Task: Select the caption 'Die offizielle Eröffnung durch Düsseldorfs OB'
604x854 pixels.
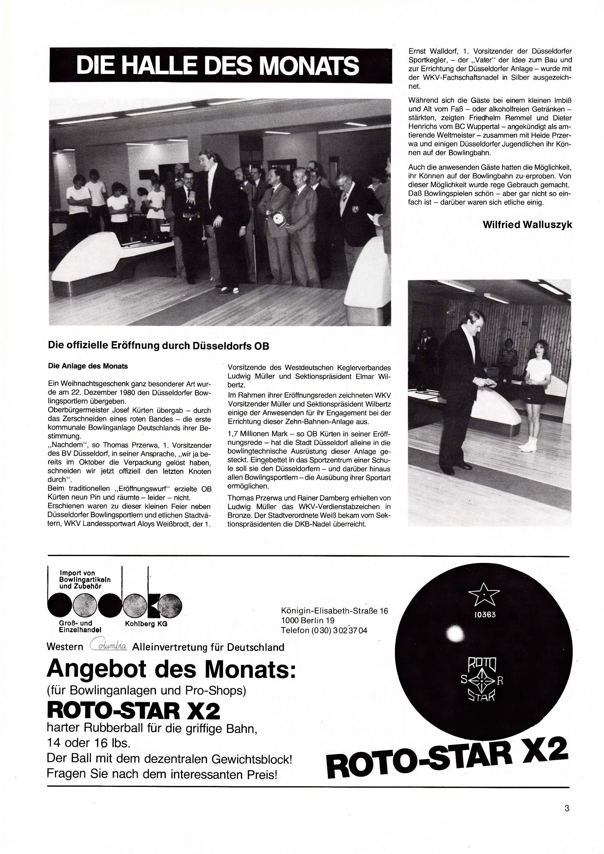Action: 158,346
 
